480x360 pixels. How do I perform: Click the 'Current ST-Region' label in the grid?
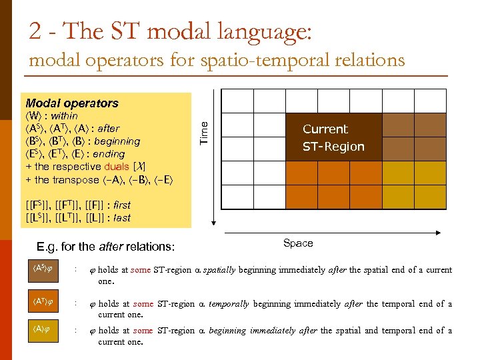coord(333,138)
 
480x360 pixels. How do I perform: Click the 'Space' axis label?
coord(297,243)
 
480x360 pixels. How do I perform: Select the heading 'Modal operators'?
coord(71,103)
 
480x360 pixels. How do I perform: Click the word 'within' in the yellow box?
coord(64,116)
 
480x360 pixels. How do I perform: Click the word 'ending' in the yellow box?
coord(109,154)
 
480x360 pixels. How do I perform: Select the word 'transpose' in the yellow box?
coord(76,179)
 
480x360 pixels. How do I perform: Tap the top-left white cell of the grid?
coord(237,102)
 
